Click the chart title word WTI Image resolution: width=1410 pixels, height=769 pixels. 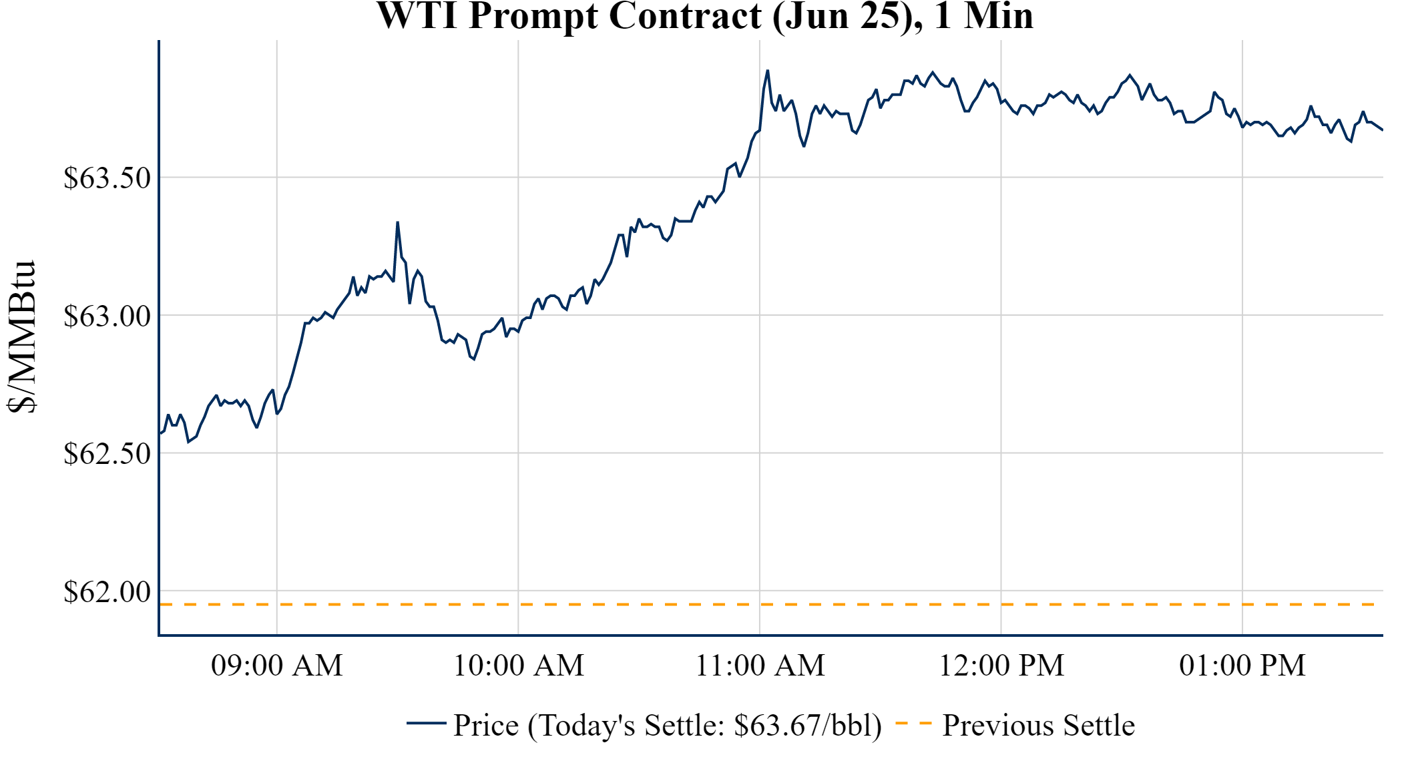click(417, 16)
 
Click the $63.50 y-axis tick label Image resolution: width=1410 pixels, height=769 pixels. click(107, 178)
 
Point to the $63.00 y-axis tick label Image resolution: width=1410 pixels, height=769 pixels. click(107, 316)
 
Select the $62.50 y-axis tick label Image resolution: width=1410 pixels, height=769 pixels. click(107, 454)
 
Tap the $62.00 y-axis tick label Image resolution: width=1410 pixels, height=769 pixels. click(107, 592)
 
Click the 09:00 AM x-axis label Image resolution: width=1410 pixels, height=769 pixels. click(276, 666)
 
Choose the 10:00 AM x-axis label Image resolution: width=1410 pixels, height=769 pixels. click(518, 666)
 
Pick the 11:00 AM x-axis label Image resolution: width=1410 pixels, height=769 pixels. click(760, 666)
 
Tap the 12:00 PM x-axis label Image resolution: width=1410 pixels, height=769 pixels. click(1001, 666)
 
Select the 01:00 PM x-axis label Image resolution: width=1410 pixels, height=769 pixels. click(1242, 666)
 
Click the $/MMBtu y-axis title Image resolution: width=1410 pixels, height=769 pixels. click(21, 336)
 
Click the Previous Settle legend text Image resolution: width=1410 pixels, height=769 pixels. click(1038, 726)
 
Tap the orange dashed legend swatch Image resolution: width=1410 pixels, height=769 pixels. click(913, 724)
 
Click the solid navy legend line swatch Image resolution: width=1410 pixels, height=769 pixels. click(426, 723)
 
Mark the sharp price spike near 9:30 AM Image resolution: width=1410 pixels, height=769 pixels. click(397, 223)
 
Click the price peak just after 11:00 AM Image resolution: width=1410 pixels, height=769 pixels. click(768, 71)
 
